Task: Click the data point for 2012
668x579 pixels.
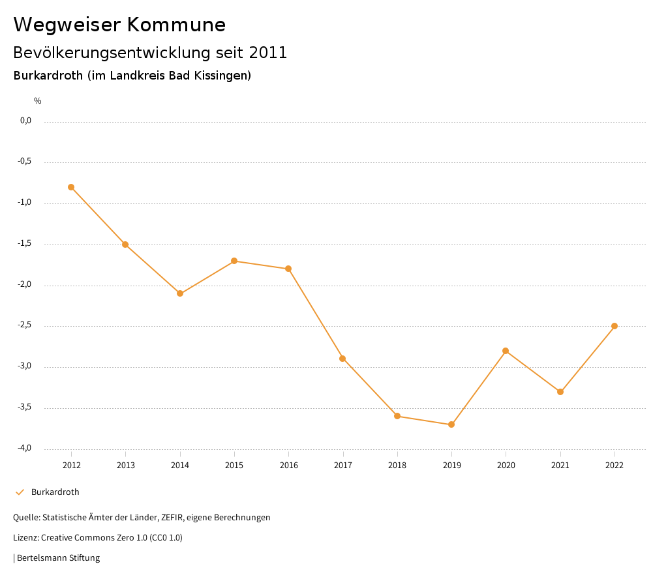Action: pyautogui.click(x=71, y=187)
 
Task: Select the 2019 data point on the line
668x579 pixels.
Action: pyautogui.click(x=451, y=424)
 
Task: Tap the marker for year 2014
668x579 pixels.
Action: pyautogui.click(x=180, y=293)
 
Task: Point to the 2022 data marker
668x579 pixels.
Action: pyautogui.click(x=615, y=326)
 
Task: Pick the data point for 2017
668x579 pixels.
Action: pyautogui.click(x=342, y=359)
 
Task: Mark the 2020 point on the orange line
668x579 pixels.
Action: pyautogui.click(x=506, y=351)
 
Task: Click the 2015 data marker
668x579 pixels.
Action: pyautogui.click(x=234, y=261)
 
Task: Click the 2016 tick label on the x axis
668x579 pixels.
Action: pyautogui.click(x=288, y=465)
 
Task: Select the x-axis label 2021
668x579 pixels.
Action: pyautogui.click(x=560, y=465)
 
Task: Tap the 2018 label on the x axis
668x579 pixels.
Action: pyautogui.click(x=397, y=465)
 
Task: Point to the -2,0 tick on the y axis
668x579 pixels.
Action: pyautogui.click(x=25, y=285)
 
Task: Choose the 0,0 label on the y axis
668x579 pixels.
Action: pyautogui.click(x=26, y=121)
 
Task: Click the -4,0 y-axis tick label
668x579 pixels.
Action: pyautogui.click(x=25, y=449)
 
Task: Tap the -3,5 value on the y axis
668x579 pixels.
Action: pyautogui.click(x=25, y=408)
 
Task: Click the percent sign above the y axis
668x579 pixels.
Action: pyautogui.click(x=38, y=101)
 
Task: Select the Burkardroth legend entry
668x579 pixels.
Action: pyautogui.click(x=55, y=492)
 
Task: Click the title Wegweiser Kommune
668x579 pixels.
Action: pyautogui.click(x=119, y=25)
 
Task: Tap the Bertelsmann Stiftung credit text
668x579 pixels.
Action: pyautogui.click(x=57, y=558)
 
